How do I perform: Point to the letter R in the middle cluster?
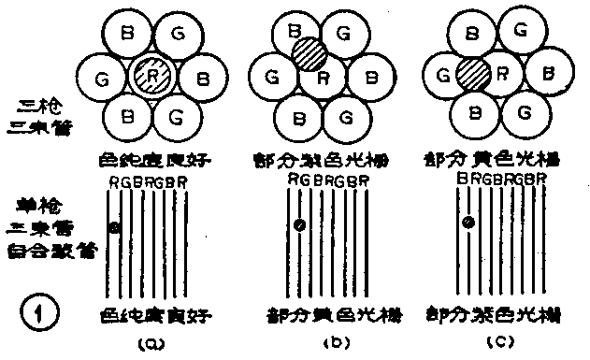click(321, 78)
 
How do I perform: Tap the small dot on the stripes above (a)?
click(114, 227)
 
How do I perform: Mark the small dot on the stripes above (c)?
click(468, 222)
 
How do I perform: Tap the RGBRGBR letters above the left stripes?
click(148, 181)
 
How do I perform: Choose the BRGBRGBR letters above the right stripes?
click(501, 177)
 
